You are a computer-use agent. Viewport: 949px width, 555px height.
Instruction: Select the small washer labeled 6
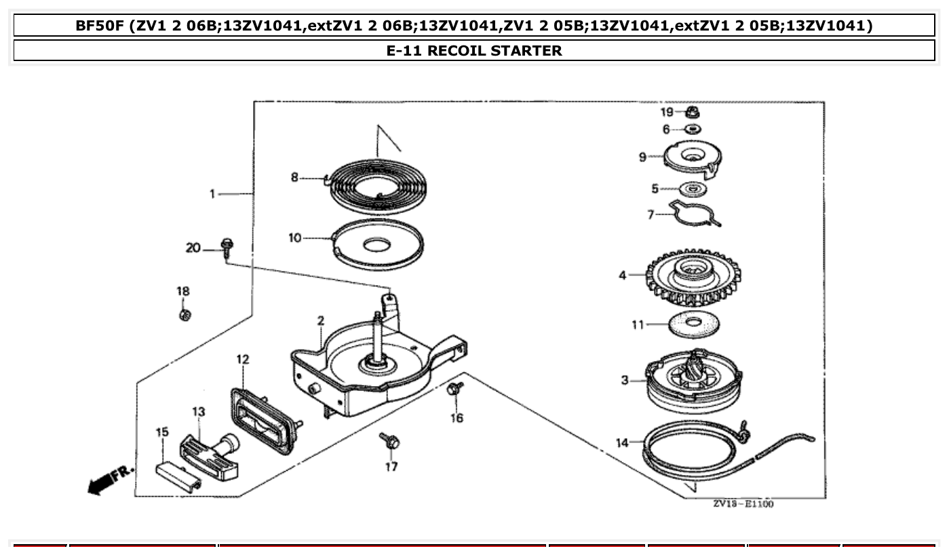[692, 129]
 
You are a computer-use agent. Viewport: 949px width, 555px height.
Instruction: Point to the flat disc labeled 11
[694, 325]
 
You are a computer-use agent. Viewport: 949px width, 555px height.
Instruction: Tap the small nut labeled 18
[184, 315]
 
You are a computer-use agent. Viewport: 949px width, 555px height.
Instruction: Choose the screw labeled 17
[390, 441]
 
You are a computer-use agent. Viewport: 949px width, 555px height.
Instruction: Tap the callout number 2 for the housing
[320, 320]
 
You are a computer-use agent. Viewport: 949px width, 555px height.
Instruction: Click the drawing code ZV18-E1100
[743, 503]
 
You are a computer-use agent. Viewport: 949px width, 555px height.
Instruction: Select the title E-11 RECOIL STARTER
[474, 50]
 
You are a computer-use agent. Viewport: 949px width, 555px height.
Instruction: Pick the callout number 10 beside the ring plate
[294, 238]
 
